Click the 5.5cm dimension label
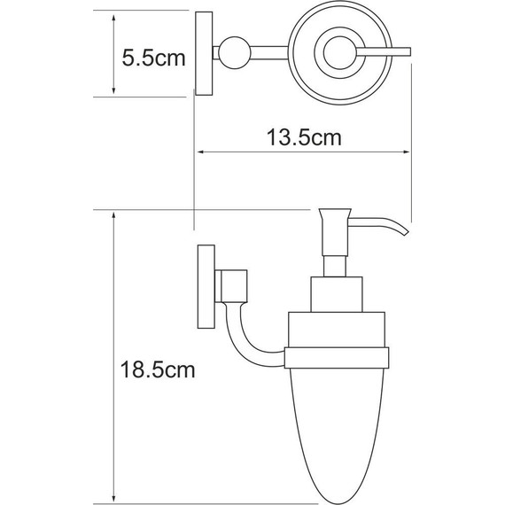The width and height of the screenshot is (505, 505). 152,59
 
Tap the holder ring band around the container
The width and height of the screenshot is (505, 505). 338,358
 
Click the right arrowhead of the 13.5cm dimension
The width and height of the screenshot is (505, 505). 410,152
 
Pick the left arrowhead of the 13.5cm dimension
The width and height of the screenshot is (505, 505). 198,152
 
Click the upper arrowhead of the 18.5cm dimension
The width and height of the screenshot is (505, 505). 115,215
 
